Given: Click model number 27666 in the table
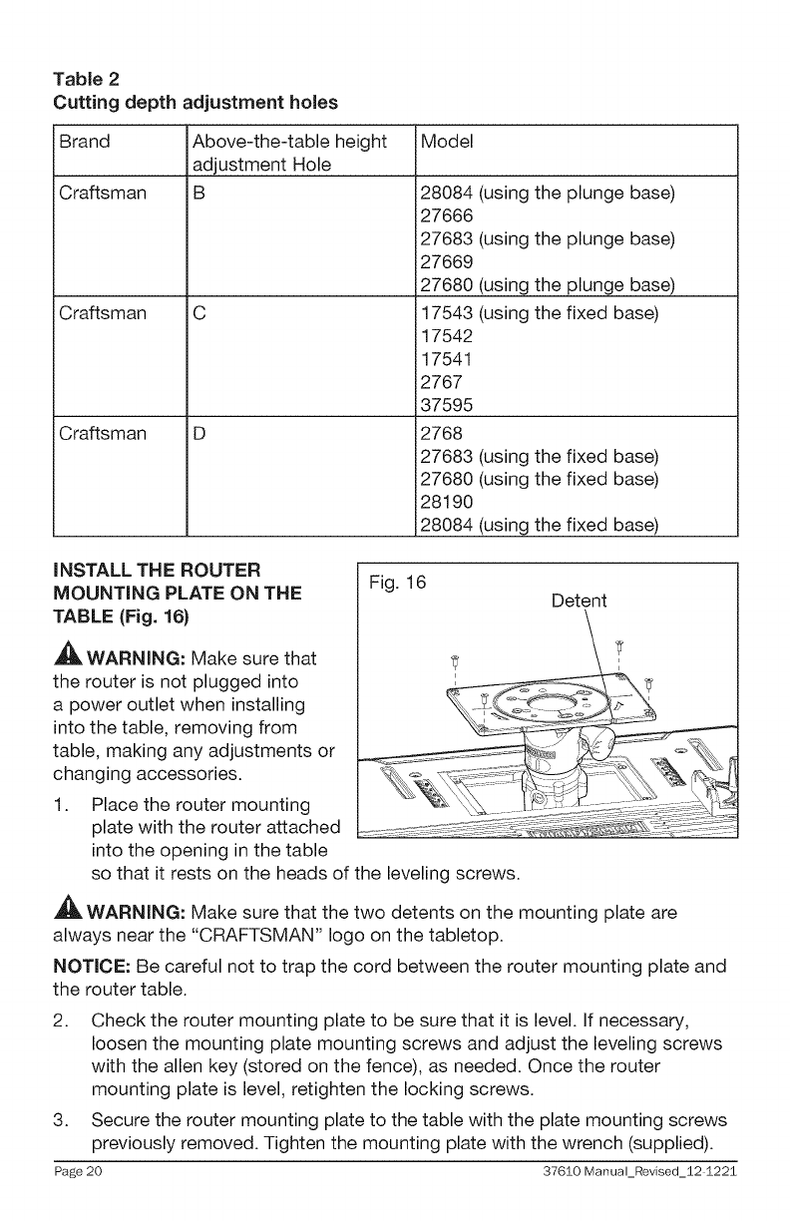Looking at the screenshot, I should point(446,216).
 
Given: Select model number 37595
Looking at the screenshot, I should point(446,405).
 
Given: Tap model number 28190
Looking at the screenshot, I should point(446,503).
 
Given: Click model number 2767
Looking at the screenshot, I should point(440,382).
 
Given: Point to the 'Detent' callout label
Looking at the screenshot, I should point(581,601).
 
